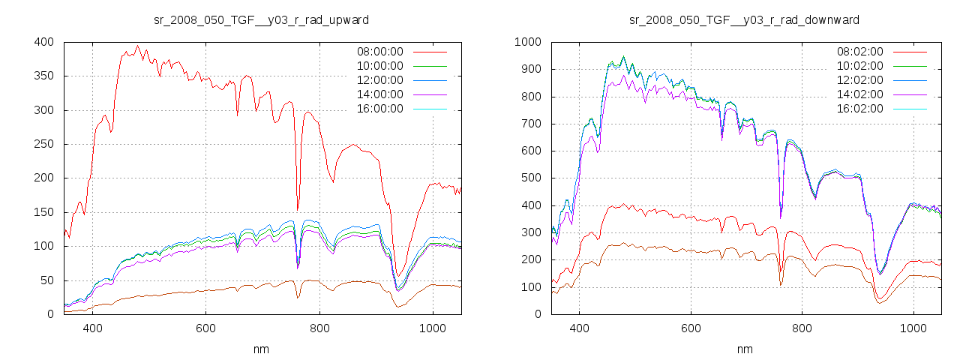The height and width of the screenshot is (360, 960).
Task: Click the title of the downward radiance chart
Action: pyautogui.click(x=744, y=19)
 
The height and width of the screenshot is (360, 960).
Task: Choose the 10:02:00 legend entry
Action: pyautogui.click(x=859, y=66)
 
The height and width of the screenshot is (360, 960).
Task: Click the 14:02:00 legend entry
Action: pyautogui.click(x=859, y=94)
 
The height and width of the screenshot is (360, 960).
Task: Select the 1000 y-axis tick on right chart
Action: pyautogui.click(x=527, y=42)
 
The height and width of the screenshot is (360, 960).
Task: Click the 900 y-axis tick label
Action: pyautogui.click(x=530, y=69)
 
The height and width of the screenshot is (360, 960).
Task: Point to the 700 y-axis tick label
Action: pyautogui.click(x=530, y=124)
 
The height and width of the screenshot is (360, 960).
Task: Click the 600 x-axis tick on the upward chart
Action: pyautogui.click(x=205, y=328)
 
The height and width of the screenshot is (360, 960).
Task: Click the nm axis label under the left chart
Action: pyautogui.click(x=262, y=349)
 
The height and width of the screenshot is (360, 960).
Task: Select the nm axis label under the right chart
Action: pyautogui.click(x=744, y=349)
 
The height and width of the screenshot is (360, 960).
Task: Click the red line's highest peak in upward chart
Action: pyautogui.click(x=137, y=46)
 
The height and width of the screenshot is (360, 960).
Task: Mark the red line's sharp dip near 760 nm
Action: pyautogui.click(x=298, y=209)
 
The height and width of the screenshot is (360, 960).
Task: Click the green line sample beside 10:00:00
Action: pyautogui.click(x=429, y=66)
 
